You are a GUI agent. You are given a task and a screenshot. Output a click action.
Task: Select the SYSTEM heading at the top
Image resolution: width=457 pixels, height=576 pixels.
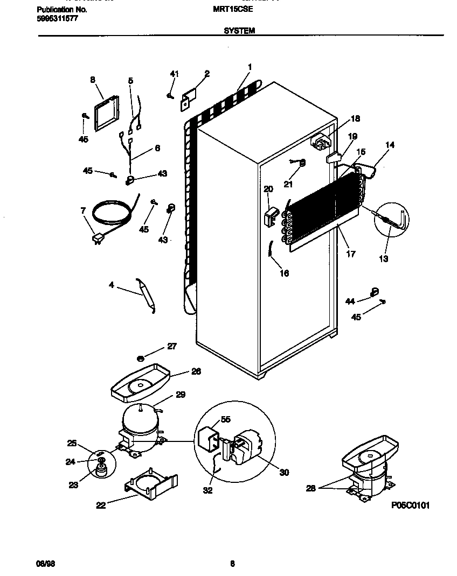[239, 31]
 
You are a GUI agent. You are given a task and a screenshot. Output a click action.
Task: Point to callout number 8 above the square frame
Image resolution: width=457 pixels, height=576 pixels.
[93, 80]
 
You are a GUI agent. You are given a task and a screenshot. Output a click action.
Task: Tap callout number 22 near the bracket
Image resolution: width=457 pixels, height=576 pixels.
[101, 505]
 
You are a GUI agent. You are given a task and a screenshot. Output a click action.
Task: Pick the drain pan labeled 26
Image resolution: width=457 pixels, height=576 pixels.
[142, 383]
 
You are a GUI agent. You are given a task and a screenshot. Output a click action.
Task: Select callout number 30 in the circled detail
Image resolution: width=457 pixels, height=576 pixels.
[284, 473]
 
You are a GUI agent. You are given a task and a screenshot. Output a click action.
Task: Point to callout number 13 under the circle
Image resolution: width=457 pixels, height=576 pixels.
[384, 259]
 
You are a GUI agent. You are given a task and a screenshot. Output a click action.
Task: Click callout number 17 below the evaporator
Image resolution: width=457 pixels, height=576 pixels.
[351, 254]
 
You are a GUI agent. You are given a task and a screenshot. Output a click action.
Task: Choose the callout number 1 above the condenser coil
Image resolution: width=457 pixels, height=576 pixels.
[250, 67]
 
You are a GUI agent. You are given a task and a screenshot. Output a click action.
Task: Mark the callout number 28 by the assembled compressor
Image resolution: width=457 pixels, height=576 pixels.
[310, 488]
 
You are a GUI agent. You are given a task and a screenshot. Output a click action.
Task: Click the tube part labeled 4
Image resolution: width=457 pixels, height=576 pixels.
[146, 294]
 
